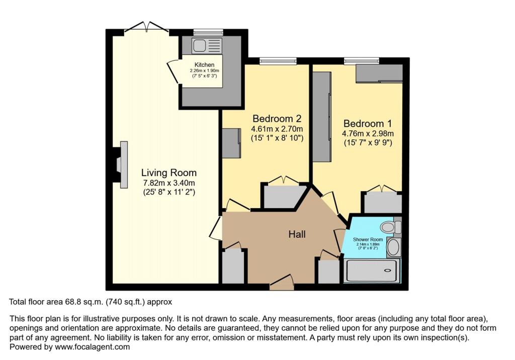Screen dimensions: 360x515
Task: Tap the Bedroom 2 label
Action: (277, 119)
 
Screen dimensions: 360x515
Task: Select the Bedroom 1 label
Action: (367, 123)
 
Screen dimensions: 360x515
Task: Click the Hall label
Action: (297, 234)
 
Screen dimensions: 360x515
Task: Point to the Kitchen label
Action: (205, 65)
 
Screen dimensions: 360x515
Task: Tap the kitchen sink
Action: (200, 45)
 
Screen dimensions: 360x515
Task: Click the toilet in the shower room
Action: (389, 227)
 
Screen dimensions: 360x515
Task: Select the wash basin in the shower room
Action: (393, 247)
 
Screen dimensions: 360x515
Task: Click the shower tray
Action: (372, 271)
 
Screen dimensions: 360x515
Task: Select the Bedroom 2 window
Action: (278, 61)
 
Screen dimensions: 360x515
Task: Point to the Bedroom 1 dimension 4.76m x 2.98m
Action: (368, 133)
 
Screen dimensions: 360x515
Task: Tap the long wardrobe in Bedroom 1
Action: (322, 117)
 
